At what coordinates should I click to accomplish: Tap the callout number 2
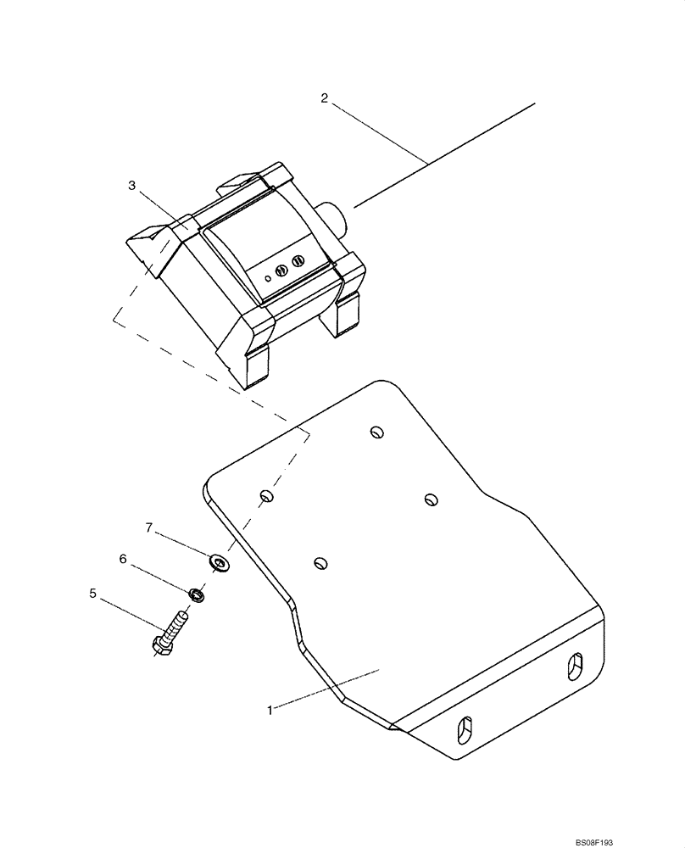pyautogui.click(x=324, y=98)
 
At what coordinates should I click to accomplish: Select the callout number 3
pyautogui.click(x=131, y=186)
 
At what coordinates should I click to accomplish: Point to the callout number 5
pyautogui.click(x=92, y=594)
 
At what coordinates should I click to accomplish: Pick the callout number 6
pyautogui.click(x=123, y=560)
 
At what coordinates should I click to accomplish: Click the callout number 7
pyautogui.click(x=148, y=527)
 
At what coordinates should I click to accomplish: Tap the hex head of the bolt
pyautogui.click(x=163, y=647)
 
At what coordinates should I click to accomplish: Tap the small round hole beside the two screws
pyautogui.click(x=267, y=276)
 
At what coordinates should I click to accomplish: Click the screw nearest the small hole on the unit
pyautogui.click(x=281, y=269)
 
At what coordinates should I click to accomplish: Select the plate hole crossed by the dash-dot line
pyautogui.click(x=266, y=495)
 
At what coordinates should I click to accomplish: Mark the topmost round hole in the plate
pyautogui.click(x=376, y=432)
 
